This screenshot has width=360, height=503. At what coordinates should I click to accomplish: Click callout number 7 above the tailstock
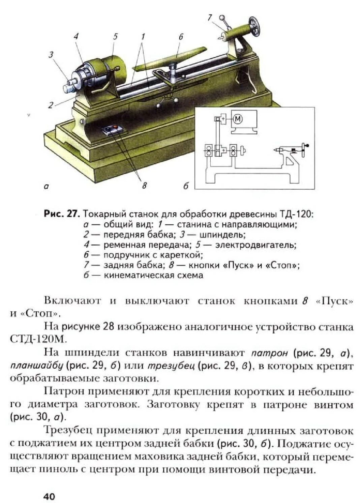click(210, 17)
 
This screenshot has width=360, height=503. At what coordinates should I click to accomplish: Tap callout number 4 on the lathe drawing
click(76, 36)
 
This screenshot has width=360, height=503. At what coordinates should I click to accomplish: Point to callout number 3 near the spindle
click(51, 54)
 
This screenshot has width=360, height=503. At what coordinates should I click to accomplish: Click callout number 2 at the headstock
click(50, 105)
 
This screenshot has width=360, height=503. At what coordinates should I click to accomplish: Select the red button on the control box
click(116, 127)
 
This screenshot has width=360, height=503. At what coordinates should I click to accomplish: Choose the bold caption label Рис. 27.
click(62, 214)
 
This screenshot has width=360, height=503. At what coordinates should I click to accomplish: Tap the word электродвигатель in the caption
click(256, 245)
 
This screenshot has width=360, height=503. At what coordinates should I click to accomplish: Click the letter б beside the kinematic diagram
click(186, 186)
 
